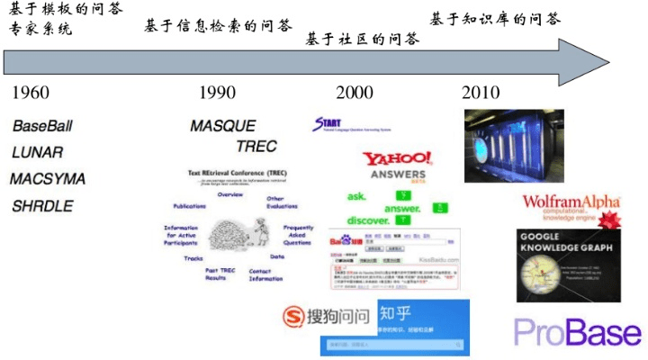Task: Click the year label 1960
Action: tap(31, 93)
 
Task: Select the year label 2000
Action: tap(354, 93)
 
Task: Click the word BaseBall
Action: tap(42, 125)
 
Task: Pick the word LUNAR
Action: tap(37, 152)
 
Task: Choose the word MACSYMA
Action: tap(48, 179)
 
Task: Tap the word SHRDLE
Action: tap(42, 206)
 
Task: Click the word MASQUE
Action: tap(222, 126)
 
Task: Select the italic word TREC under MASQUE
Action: tap(256, 146)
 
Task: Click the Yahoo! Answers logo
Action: tap(397, 165)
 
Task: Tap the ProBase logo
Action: tap(578, 332)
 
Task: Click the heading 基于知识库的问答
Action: tap(495, 18)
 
